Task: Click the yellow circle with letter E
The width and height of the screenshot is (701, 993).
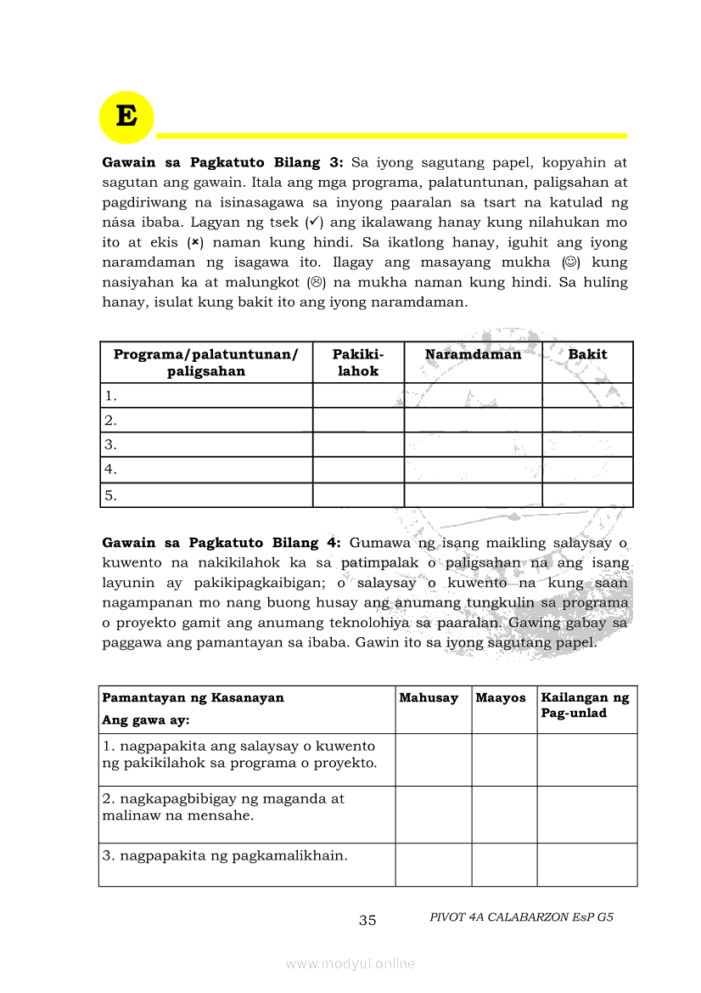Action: tap(126, 116)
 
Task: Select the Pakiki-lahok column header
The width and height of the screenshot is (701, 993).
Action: tap(358, 363)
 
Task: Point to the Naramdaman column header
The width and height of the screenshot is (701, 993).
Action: tap(473, 355)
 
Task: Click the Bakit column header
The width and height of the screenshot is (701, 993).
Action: tap(587, 355)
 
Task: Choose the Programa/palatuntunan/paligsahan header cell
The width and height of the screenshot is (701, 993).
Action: tap(206, 363)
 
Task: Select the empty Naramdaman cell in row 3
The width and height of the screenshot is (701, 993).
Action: tap(473, 444)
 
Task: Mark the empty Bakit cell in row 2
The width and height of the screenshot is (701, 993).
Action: tap(587, 420)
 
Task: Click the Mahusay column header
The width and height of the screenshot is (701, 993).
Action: tap(429, 698)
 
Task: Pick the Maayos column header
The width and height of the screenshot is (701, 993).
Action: tap(501, 698)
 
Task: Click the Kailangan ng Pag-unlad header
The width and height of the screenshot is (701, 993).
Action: tap(586, 706)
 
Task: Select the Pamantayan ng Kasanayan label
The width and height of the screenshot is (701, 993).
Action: tap(193, 698)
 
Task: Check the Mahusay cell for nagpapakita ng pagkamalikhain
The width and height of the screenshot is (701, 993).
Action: tap(433, 865)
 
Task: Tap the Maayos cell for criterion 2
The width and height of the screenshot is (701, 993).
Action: tap(504, 815)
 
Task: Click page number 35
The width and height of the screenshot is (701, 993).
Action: tap(367, 920)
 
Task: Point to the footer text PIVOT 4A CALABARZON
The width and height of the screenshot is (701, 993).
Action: tap(521, 917)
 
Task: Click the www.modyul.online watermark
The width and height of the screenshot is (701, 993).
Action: tap(350, 963)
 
